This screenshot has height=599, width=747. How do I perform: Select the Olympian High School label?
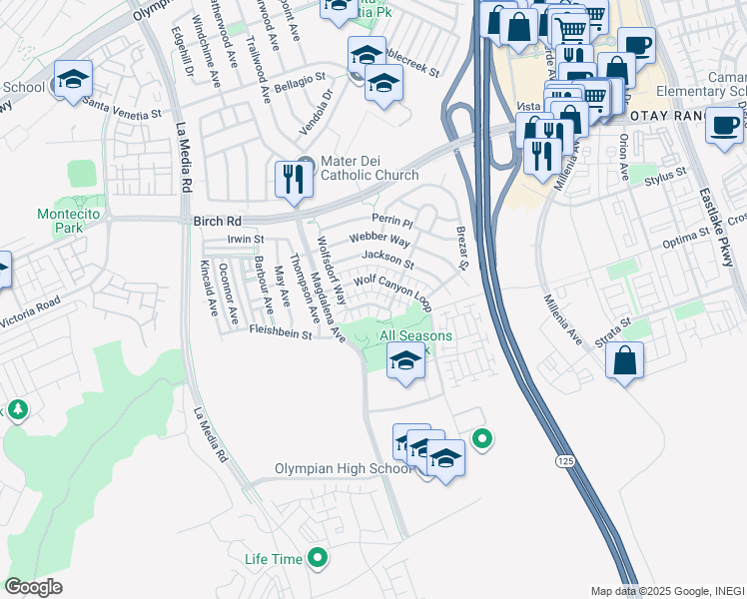tap(344, 469)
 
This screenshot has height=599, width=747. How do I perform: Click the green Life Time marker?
tap(318, 558)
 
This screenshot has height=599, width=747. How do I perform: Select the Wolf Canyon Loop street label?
tap(391, 291)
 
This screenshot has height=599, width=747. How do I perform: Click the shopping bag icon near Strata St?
tap(624, 361)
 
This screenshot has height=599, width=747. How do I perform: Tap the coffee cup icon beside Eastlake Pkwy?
tap(724, 126)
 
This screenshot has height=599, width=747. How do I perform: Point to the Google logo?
tap(33, 587)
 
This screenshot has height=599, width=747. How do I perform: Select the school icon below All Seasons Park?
tap(405, 361)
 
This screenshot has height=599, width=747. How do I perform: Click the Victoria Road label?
tap(29, 311)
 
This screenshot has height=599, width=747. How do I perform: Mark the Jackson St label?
tap(394, 261)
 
